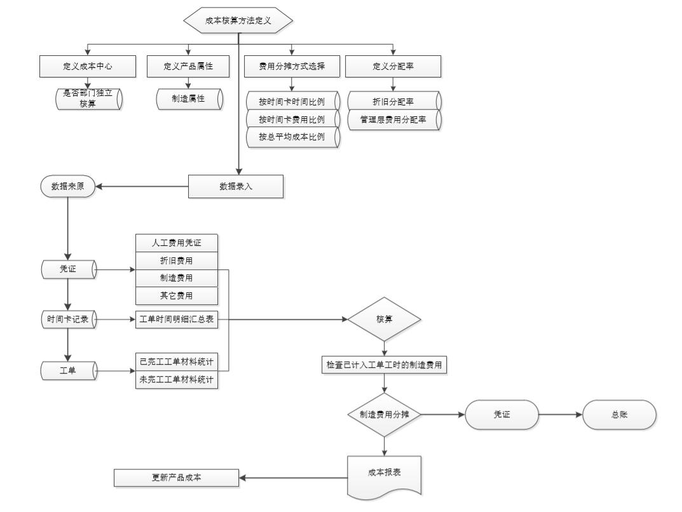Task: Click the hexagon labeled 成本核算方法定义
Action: tap(238, 20)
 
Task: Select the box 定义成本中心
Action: tap(88, 67)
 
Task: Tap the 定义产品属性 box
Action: tap(188, 67)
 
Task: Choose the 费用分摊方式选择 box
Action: tap(292, 67)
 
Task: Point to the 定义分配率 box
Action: tap(393, 67)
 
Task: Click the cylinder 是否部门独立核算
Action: tap(88, 99)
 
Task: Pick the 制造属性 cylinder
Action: tap(189, 99)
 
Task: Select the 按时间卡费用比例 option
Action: tap(292, 119)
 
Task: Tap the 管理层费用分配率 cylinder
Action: tap(393, 119)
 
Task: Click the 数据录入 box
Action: tap(236, 186)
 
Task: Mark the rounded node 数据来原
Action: tap(68, 186)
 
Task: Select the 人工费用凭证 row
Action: tap(177, 242)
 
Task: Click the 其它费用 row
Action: tap(177, 295)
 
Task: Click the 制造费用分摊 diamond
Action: tap(385, 414)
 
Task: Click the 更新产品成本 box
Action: tap(176, 478)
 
